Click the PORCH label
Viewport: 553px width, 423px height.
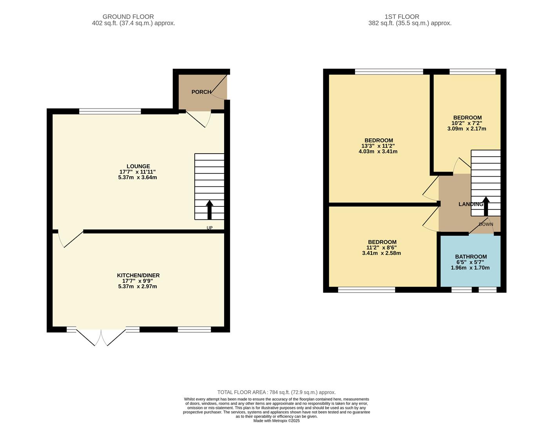tap(201, 92)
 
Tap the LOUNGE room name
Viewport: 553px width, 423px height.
tap(138, 166)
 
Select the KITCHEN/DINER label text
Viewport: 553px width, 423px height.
tap(138, 275)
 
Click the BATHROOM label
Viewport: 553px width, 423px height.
tap(471, 257)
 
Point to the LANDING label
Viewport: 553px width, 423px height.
tap(471, 204)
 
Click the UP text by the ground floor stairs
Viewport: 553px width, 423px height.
tap(210, 228)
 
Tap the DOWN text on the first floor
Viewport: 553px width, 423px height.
tap(486, 224)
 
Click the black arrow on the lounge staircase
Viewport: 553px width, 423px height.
tap(210, 210)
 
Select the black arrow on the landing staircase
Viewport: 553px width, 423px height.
tap(486, 206)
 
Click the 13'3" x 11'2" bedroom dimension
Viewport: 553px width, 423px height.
tap(378, 146)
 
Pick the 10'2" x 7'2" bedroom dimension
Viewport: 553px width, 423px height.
tap(467, 123)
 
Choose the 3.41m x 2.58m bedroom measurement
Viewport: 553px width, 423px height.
tap(381, 253)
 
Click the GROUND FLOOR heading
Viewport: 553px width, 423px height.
tap(128, 16)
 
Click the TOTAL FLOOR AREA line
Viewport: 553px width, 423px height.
tap(276, 392)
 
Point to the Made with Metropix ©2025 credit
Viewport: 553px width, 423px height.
tap(276, 421)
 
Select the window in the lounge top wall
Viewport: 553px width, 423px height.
tap(110, 111)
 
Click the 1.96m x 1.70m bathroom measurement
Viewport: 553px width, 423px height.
tap(470, 268)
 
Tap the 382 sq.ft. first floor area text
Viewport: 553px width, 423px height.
tap(410, 23)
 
